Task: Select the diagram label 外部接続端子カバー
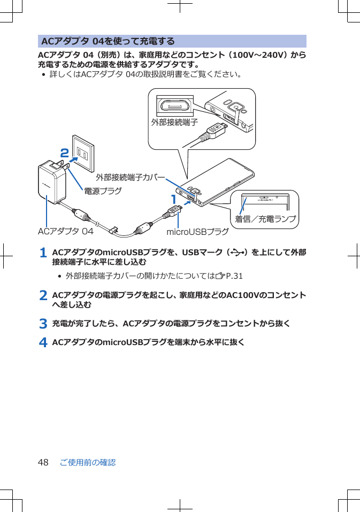(x=129, y=177)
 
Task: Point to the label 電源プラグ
(x=102, y=190)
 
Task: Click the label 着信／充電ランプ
(x=266, y=219)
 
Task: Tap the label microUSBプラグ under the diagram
(x=197, y=232)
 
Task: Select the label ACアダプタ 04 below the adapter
(x=65, y=232)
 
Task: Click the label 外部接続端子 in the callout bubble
(x=174, y=122)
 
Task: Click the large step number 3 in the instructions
(x=44, y=324)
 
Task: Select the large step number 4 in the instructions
(x=44, y=342)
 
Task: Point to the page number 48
(x=43, y=462)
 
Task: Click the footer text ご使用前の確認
(x=88, y=462)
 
